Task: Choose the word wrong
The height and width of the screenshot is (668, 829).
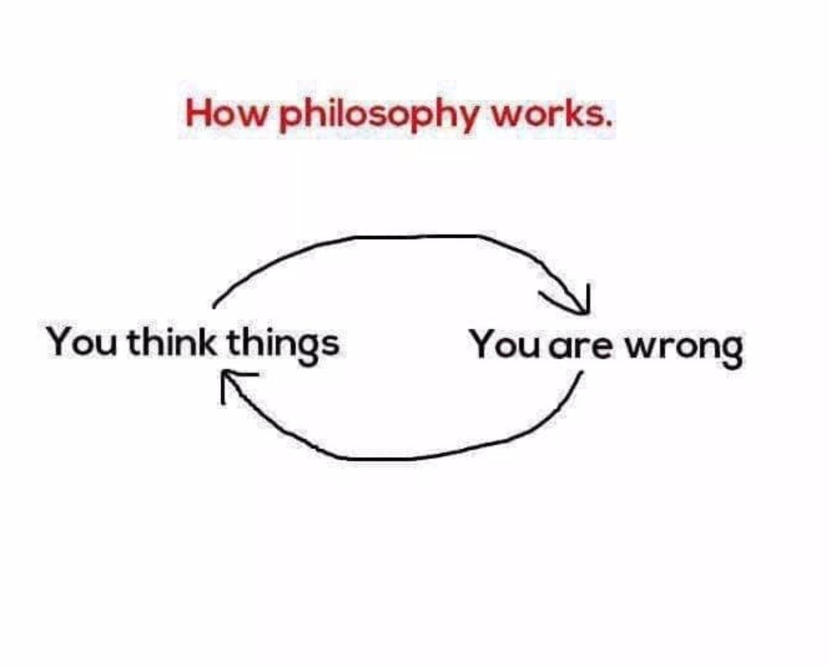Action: point(683,349)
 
